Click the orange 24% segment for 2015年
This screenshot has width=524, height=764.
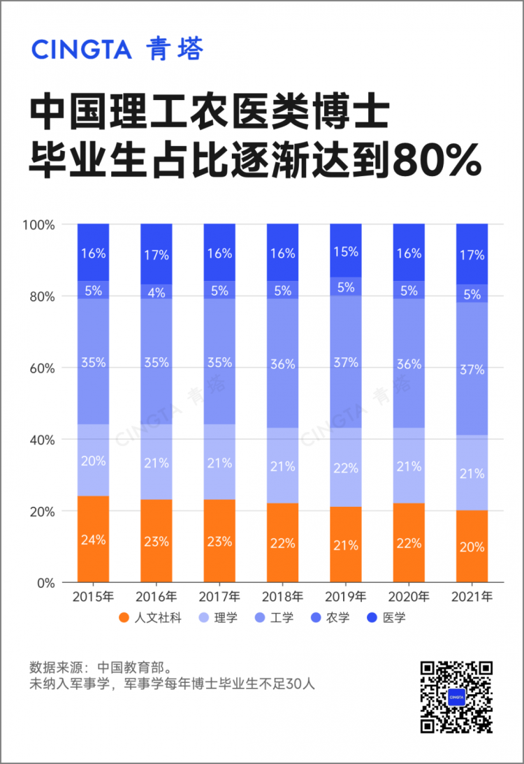point(93,539)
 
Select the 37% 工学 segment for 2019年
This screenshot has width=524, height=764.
point(346,362)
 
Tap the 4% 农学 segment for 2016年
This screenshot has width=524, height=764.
point(157,291)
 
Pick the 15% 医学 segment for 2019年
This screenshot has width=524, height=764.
point(346,250)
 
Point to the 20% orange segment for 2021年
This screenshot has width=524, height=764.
point(472,546)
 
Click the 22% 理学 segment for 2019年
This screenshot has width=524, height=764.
point(346,467)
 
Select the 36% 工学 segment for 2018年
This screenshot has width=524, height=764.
point(282,363)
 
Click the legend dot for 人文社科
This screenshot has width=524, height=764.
point(124,618)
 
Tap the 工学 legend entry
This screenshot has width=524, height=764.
point(274,618)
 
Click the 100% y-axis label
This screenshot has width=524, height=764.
point(38,225)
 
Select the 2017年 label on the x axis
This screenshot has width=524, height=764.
point(219,596)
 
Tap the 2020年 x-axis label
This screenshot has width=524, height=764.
point(409,596)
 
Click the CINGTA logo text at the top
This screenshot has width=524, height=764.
point(82,49)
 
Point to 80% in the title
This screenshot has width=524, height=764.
point(437,160)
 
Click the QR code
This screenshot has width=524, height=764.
point(456,697)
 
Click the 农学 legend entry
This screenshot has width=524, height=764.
point(330,618)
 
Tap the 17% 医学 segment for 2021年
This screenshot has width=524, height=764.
point(472,254)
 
